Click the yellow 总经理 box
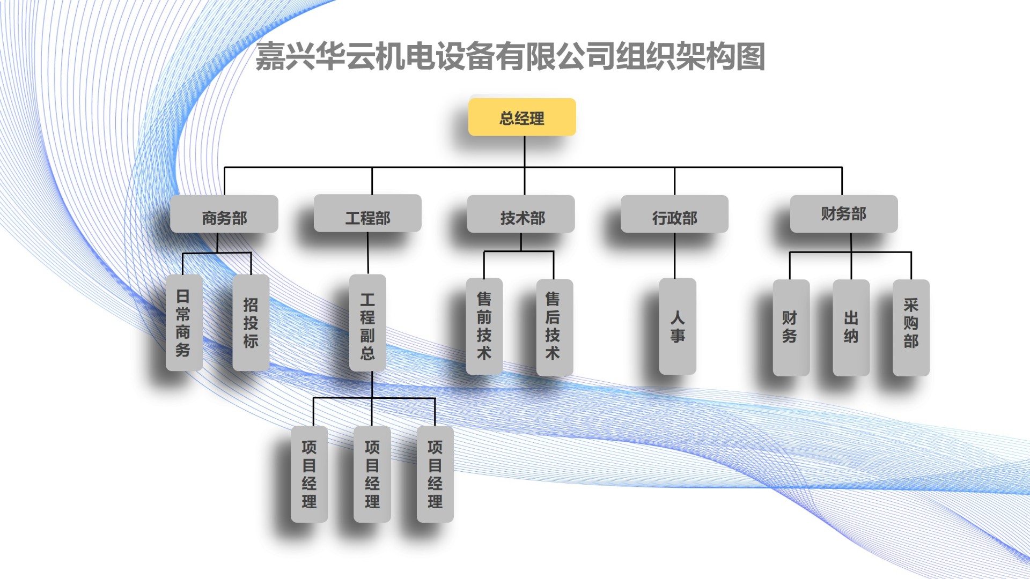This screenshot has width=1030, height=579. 522,117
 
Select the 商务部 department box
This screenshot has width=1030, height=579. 224,214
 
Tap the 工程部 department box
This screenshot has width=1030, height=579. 367,214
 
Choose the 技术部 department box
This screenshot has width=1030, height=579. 521,214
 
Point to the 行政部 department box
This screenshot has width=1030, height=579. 674,214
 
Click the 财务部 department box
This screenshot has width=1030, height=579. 844,214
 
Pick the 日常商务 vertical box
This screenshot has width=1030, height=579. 184,323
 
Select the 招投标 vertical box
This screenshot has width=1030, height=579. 251,323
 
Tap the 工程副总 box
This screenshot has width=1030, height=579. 367,323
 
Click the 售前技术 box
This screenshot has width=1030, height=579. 484,326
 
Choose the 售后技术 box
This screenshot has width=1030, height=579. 554,326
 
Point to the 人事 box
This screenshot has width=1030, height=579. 678,326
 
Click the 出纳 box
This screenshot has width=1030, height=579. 851,327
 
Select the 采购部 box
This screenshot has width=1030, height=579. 911,327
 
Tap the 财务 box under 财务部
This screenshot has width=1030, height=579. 791,327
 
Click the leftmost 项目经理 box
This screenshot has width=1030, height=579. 309,474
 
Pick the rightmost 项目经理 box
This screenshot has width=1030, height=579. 435,474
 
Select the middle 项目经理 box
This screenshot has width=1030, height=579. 372,474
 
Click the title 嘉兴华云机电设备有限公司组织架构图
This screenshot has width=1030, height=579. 510,56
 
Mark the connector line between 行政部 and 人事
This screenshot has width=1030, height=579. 674,255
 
